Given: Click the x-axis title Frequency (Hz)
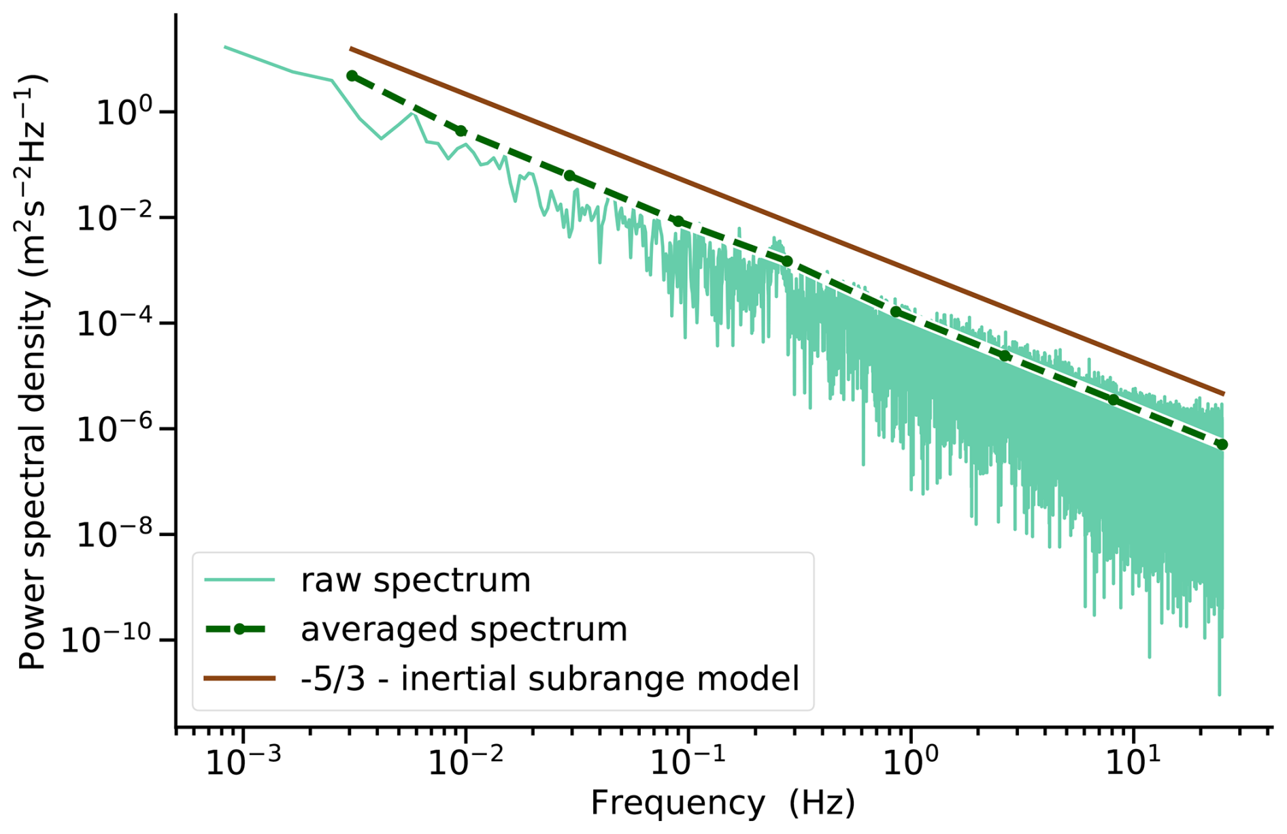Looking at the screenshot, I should click(722, 803).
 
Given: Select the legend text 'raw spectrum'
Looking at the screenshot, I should click(415, 580).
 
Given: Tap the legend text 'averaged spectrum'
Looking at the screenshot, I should click(463, 629).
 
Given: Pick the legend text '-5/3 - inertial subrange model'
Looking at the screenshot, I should click(550, 678).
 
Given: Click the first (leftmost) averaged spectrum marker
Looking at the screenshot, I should click(352, 76).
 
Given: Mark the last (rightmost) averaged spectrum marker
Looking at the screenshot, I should click(1222, 445).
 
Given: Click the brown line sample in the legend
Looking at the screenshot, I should click(239, 678).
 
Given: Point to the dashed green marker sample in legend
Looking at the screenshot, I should click(239, 629).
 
